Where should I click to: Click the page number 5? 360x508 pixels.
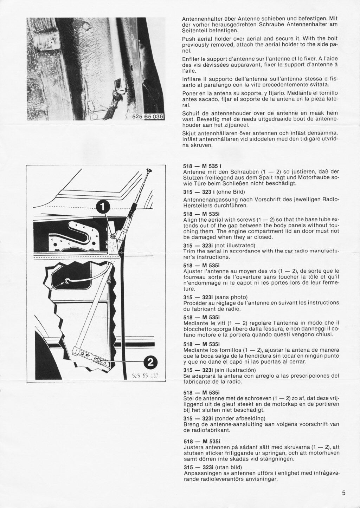(x=343, y=493)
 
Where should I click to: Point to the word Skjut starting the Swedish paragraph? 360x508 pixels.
(x=190, y=133)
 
